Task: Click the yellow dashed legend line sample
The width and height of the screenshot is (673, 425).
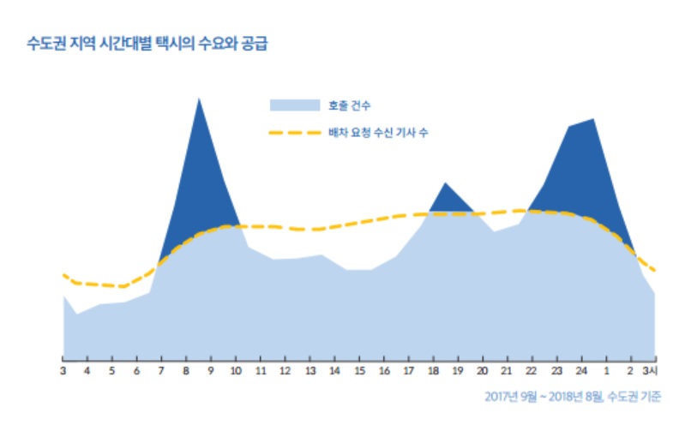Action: [294, 133]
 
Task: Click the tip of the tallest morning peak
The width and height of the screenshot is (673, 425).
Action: [199, 99]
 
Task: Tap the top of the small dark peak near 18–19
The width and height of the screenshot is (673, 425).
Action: [445, 183]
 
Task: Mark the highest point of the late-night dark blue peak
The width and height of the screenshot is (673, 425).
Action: [593, 119]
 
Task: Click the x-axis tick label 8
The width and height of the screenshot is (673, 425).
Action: [186, 370]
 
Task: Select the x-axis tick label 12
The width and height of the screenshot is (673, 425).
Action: [285, 370]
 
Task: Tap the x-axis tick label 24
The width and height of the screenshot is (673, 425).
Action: [581, 370]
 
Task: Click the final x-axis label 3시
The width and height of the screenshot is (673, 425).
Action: [652, 370]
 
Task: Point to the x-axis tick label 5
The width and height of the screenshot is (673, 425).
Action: [112, 370]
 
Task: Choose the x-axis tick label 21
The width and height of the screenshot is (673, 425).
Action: [507, 370]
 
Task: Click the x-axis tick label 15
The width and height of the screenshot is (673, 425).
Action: [359, 370]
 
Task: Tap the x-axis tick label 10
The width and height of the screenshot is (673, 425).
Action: [236, 370]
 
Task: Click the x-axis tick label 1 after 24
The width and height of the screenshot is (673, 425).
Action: [606, 370]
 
